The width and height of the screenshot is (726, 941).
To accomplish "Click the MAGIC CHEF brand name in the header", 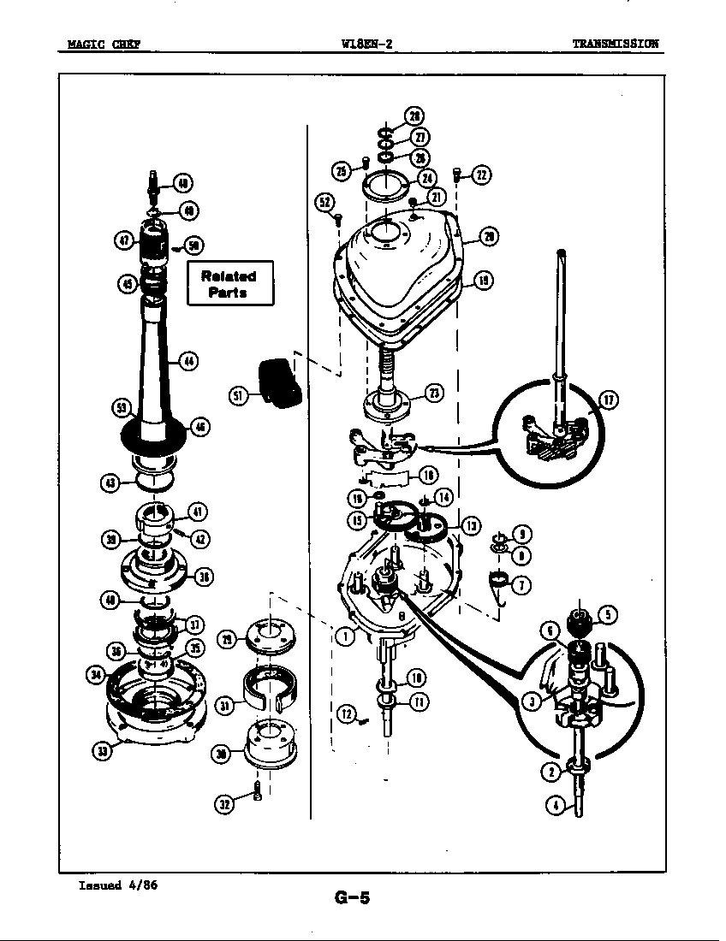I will [104, 44].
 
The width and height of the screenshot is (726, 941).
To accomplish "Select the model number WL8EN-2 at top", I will [366, 44].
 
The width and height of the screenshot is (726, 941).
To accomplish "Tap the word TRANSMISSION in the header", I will [616, 44].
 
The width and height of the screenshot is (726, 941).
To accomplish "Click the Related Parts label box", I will [230, 283].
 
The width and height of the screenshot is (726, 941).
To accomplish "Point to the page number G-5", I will [352, 897].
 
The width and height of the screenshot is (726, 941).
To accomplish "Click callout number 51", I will [240, 394].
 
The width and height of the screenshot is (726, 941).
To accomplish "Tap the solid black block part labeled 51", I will [279, 382].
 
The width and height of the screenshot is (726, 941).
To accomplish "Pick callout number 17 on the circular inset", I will [608, 399].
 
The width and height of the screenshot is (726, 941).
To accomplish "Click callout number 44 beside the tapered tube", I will [188, 361].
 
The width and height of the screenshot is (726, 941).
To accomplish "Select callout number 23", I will [434, 393].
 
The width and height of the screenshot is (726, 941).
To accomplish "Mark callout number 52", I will [325, 202].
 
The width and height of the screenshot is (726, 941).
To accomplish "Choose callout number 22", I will [481, 175].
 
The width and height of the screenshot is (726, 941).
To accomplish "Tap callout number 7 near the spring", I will [521, 586].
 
